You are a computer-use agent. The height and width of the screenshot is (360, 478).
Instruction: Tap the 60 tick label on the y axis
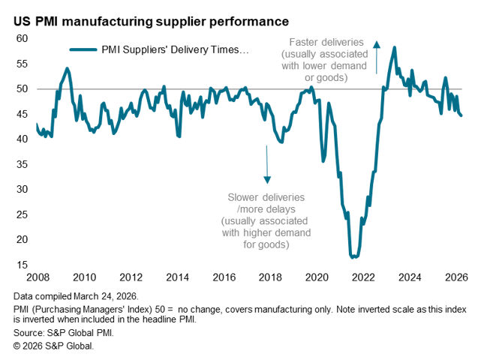[22, 38]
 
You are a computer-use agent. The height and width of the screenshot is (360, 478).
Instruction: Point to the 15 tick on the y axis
[22, 265]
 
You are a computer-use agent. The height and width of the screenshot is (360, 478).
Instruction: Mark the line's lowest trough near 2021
[353, 257]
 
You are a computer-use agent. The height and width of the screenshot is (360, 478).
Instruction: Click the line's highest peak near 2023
[395, 47]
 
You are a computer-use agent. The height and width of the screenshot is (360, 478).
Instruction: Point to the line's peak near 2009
[68, 68]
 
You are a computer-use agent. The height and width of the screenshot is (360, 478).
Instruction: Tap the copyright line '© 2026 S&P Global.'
[53, 344]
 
